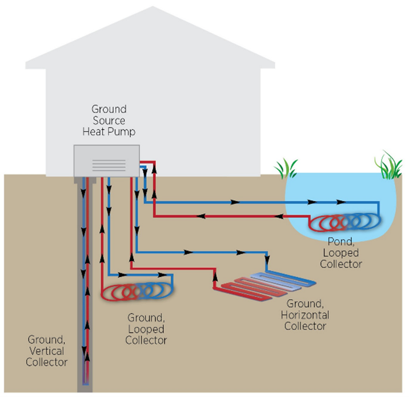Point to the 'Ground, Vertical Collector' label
click(x=47, y=350)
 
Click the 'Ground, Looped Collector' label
click(x=146, y=328)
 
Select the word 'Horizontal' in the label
click(x=305, y=314)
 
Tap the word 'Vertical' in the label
click(x=47, y=350)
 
